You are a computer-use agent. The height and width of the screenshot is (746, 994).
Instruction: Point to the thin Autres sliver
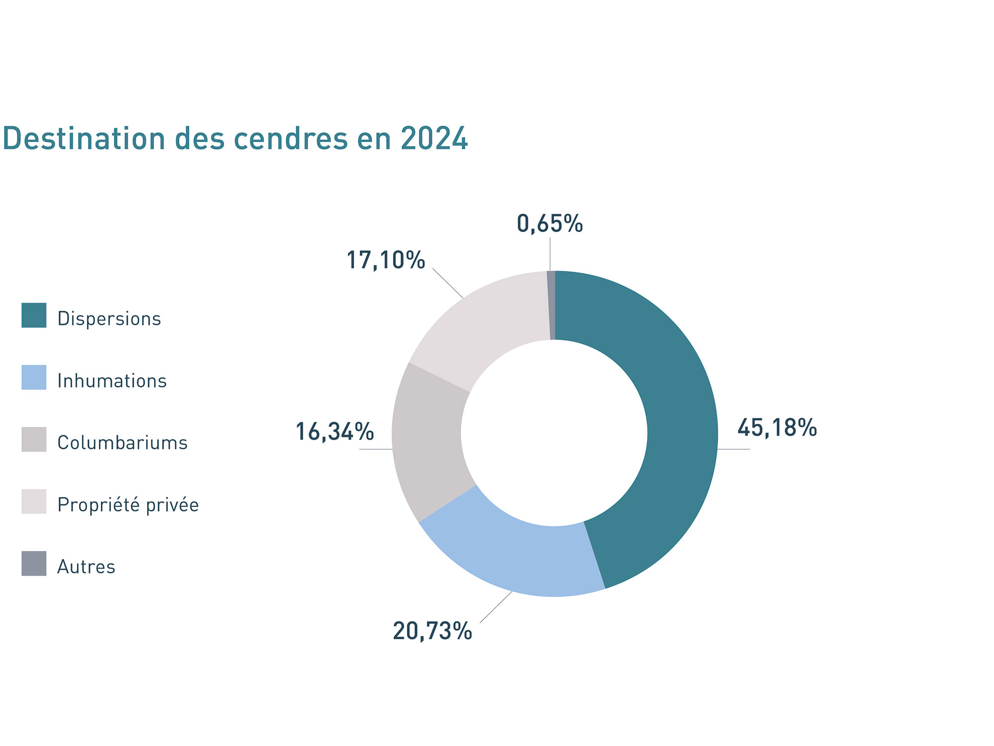point(551,305)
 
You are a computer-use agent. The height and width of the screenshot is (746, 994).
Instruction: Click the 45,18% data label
point(776,428)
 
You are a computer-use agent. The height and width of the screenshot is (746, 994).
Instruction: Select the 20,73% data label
point(432,631)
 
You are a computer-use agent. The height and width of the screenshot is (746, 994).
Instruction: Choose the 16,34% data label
point(334,431)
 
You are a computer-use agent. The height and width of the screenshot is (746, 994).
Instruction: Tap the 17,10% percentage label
point(385,260)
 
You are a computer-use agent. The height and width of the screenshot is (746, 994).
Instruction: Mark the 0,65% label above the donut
point(549,224)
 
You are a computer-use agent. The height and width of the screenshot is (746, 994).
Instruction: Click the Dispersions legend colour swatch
point(34,315)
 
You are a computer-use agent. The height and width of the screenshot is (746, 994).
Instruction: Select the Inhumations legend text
point(112,381)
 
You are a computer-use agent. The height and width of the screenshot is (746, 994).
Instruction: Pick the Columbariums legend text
point(122,443)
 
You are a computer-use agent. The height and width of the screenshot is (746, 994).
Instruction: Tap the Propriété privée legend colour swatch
point(34,501)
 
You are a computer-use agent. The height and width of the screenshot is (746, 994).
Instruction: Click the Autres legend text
point(86,567)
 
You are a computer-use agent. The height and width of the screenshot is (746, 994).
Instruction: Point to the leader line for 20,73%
point(496,607)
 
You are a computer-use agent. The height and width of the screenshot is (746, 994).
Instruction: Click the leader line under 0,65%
point(550,254)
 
